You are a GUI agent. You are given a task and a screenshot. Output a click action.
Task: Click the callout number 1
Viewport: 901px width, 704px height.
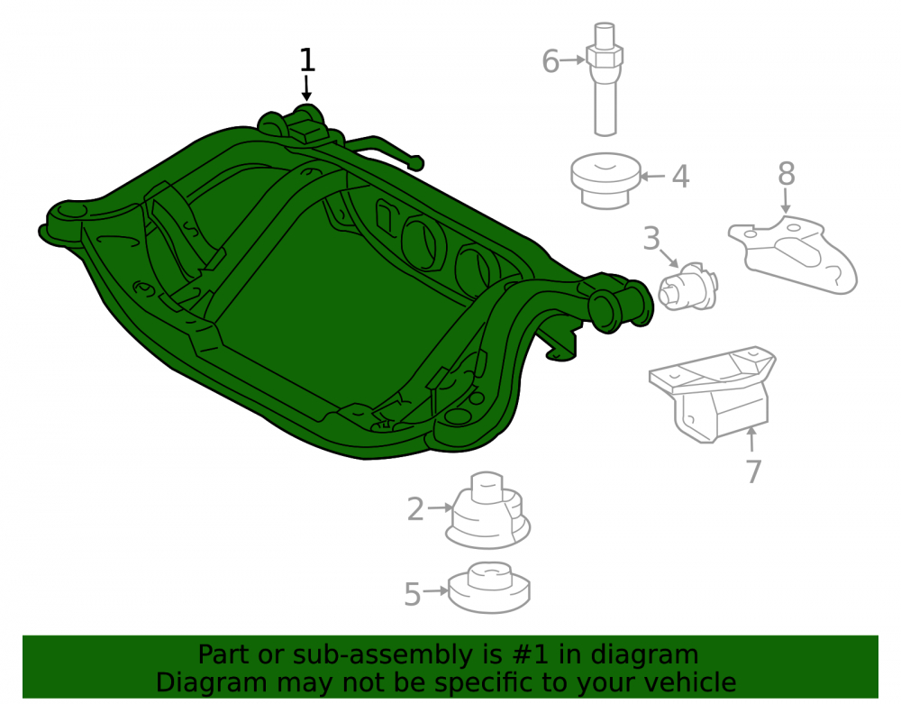pos(307,60)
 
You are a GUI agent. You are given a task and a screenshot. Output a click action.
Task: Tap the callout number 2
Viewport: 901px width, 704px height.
pos(415,509)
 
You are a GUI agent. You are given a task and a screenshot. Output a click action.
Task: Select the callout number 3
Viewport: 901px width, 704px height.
pos(651,239)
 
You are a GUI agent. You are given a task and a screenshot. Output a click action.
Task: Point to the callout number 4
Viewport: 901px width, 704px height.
pos(681,177)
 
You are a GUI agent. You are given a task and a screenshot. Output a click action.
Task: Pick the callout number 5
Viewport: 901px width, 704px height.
pos(413,594)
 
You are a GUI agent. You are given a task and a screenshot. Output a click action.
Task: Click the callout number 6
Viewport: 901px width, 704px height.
pos(551,61)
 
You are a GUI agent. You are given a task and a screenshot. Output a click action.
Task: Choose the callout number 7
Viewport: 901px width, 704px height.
pos(754,471)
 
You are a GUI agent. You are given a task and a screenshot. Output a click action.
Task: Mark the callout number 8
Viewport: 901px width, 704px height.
pos(787,173)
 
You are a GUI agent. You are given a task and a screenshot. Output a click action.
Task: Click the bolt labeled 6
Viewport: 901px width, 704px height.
pos(605,79)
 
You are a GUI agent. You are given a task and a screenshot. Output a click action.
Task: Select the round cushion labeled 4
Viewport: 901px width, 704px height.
pos(605,180)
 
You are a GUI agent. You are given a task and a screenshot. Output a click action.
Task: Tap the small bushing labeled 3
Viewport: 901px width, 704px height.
pos(687,287)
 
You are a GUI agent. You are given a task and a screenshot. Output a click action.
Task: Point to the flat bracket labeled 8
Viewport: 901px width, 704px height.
pos(793,254)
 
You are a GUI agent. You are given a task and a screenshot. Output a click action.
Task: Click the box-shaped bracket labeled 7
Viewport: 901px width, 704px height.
pos(713,394)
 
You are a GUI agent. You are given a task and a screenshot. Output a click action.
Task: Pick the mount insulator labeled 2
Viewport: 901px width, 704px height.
pos(487,511)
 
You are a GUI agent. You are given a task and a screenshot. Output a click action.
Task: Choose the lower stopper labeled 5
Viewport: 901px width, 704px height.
pos(488,588)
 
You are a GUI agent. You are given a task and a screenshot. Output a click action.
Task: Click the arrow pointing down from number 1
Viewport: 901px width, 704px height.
pos(307,88)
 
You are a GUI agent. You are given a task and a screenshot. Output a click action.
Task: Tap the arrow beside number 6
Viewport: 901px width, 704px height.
pos(573,59)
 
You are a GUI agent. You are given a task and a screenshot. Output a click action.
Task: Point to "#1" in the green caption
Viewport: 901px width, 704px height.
pos(521,654)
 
